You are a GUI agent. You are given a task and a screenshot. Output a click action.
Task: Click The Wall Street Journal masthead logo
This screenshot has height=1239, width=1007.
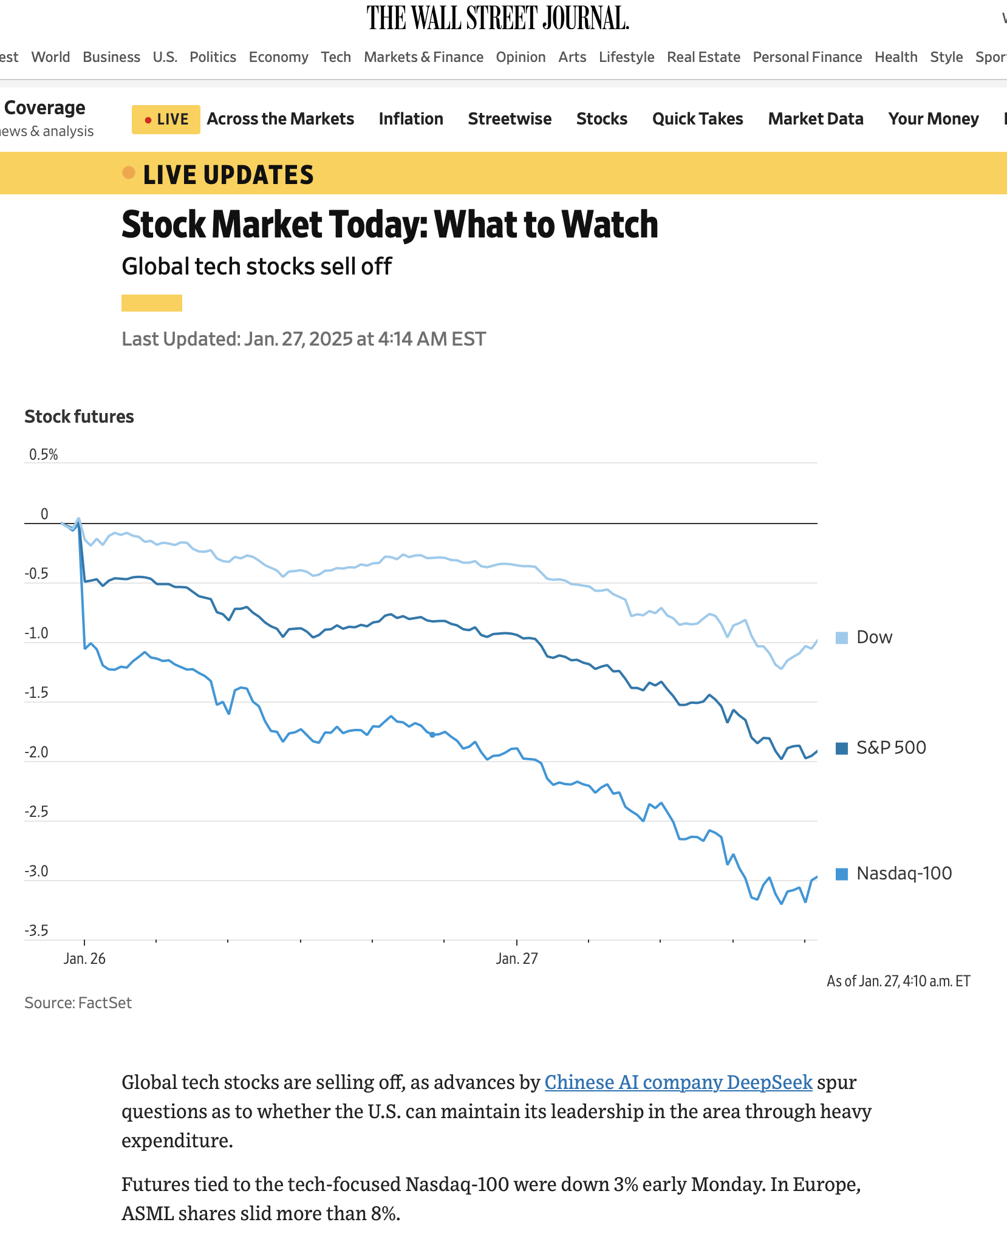pyautogui.click(x=497, y=18)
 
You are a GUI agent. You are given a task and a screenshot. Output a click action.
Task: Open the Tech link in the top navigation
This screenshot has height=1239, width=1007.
pyautogui.click(x=336, y=57)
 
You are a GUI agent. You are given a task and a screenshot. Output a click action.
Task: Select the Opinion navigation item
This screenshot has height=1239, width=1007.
pyautogui.click(x=521, y=57)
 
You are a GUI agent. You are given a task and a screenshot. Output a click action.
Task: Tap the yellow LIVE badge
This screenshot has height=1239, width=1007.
pyautogui.click(x=166, y=119)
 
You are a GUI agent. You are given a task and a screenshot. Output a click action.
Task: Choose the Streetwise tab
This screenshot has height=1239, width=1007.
pyautogui.click(x=510, y=119)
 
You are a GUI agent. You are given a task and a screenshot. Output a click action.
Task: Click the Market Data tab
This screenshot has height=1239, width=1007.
pyautogui.click(x=815, y=119)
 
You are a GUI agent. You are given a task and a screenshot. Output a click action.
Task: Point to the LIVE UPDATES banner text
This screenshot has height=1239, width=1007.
pyautogui.click(x=228, y=175)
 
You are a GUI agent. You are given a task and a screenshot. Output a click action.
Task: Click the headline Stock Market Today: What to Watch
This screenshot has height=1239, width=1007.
pyautogui.click(x=389, y=225)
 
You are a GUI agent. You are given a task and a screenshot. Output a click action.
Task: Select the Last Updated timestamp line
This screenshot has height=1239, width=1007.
pyautogui.click(x=304, y=339)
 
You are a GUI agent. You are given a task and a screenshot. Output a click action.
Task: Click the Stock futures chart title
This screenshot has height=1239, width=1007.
pyautogui.click(x=79, y=417)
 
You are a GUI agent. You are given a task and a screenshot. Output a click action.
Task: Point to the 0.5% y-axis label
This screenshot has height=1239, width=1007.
pyautogui.click(x=44, y=455)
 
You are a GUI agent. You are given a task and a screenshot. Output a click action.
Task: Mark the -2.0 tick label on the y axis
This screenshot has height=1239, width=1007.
pyautogui.click(x=36, y=753)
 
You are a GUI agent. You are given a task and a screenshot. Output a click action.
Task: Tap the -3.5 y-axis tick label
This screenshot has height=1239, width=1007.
pyautogui.click(x=36, y=931)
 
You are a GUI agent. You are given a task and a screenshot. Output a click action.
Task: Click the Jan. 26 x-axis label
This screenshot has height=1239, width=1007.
pyautogui.click(x=84, y=959)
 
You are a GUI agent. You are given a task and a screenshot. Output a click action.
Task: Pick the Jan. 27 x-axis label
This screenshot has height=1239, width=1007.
pyautogui.click(x=517, y=959)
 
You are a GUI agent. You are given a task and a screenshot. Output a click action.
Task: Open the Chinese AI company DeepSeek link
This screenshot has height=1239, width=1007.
pyautogui.click(x=678, y=1082)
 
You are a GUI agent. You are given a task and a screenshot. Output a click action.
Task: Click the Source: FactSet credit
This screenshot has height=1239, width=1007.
pyautogui.click(x=78, y=1003)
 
